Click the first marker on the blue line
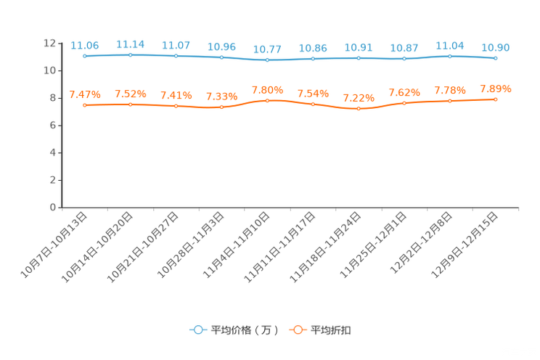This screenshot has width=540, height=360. [x=85, y=56]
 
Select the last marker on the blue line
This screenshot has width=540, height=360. [x=495, y=57]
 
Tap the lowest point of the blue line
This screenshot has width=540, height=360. [x=267, y=60]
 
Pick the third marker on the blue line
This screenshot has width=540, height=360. [x=176, y=55]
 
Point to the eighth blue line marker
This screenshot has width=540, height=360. [x=404, y=58]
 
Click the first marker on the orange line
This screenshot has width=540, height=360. [x=85, y=105]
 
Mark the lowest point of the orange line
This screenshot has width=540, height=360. [x=359, y=109]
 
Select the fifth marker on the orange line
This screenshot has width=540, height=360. [x=267, y=100]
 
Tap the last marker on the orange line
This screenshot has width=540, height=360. [x=495, y=99]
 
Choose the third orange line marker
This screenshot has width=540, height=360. [x=176, y=106]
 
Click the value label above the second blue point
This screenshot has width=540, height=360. [x=131, y=44]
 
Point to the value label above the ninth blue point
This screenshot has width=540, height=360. [x=449, y=45]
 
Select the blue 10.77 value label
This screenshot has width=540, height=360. [x=267, y=49]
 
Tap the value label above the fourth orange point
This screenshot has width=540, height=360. [x=221, y=97]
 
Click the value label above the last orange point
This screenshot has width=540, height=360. [x=496, y=89]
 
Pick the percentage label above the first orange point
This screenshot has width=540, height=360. [x=85, y=94]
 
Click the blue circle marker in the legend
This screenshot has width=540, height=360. [x=197, y=330]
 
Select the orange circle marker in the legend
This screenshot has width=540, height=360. [x=298, y=330]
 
